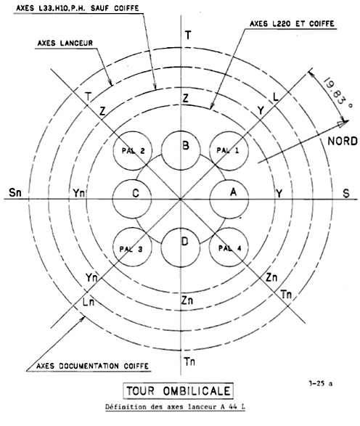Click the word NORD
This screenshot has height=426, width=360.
click(x=343, y=142)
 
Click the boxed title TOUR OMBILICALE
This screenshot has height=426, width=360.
click(x=179, y=391)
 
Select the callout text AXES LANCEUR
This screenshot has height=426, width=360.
click(x=65, y=43)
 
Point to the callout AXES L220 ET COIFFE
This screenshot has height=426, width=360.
click(x=292, y=24)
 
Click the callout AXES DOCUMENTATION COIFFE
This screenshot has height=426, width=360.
click(x=92, y=366)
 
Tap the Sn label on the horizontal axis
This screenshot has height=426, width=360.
click(x=15, y=192)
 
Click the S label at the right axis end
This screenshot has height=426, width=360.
click(x=346, y=194)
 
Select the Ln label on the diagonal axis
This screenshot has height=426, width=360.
click(x=89, y=302)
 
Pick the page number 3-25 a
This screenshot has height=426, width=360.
click(x=320, y=383)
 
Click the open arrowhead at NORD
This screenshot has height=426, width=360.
click(x=343, y=123)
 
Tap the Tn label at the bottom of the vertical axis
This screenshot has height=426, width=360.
click(x=189, y=361)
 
